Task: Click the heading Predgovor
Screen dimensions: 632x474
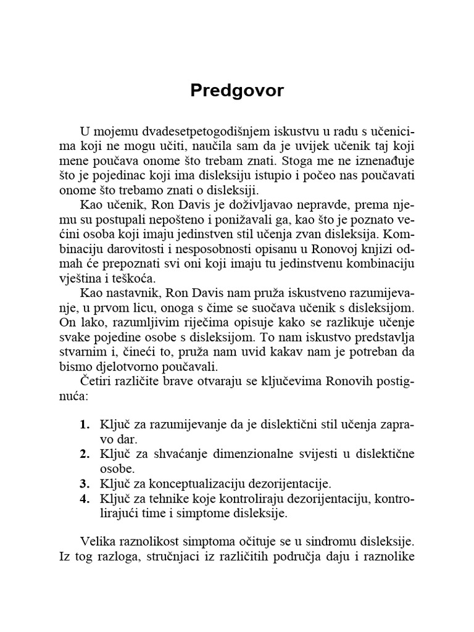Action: pos(237,91)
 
